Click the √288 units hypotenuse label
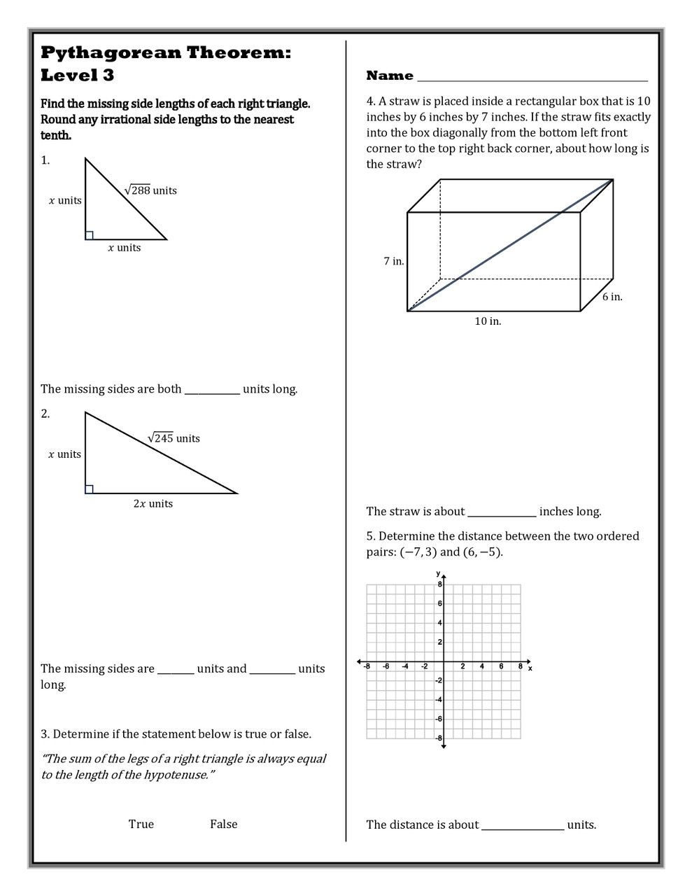point(150,190)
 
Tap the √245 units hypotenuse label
point(174,438)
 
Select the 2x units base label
point(153,503)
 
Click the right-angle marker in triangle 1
point(90,235)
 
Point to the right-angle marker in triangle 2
point(90,489)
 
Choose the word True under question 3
point(141,824)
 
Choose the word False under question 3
point(223,824)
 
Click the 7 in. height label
point(393,261)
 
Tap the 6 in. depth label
point(612,297)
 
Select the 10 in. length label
point(488,321)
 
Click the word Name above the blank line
point(390,76)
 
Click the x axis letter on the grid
point(530,668)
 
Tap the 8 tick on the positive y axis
point(440,584)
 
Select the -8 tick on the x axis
point(367,666)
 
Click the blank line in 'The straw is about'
point(502,515)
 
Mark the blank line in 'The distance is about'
point(523,828)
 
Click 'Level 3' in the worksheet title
point(77,75)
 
